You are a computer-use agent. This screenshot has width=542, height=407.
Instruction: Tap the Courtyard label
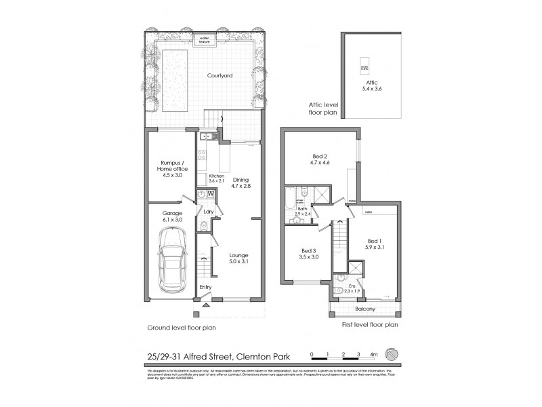coord(220,77)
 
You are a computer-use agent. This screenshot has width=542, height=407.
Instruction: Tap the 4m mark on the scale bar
coord(374,355)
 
